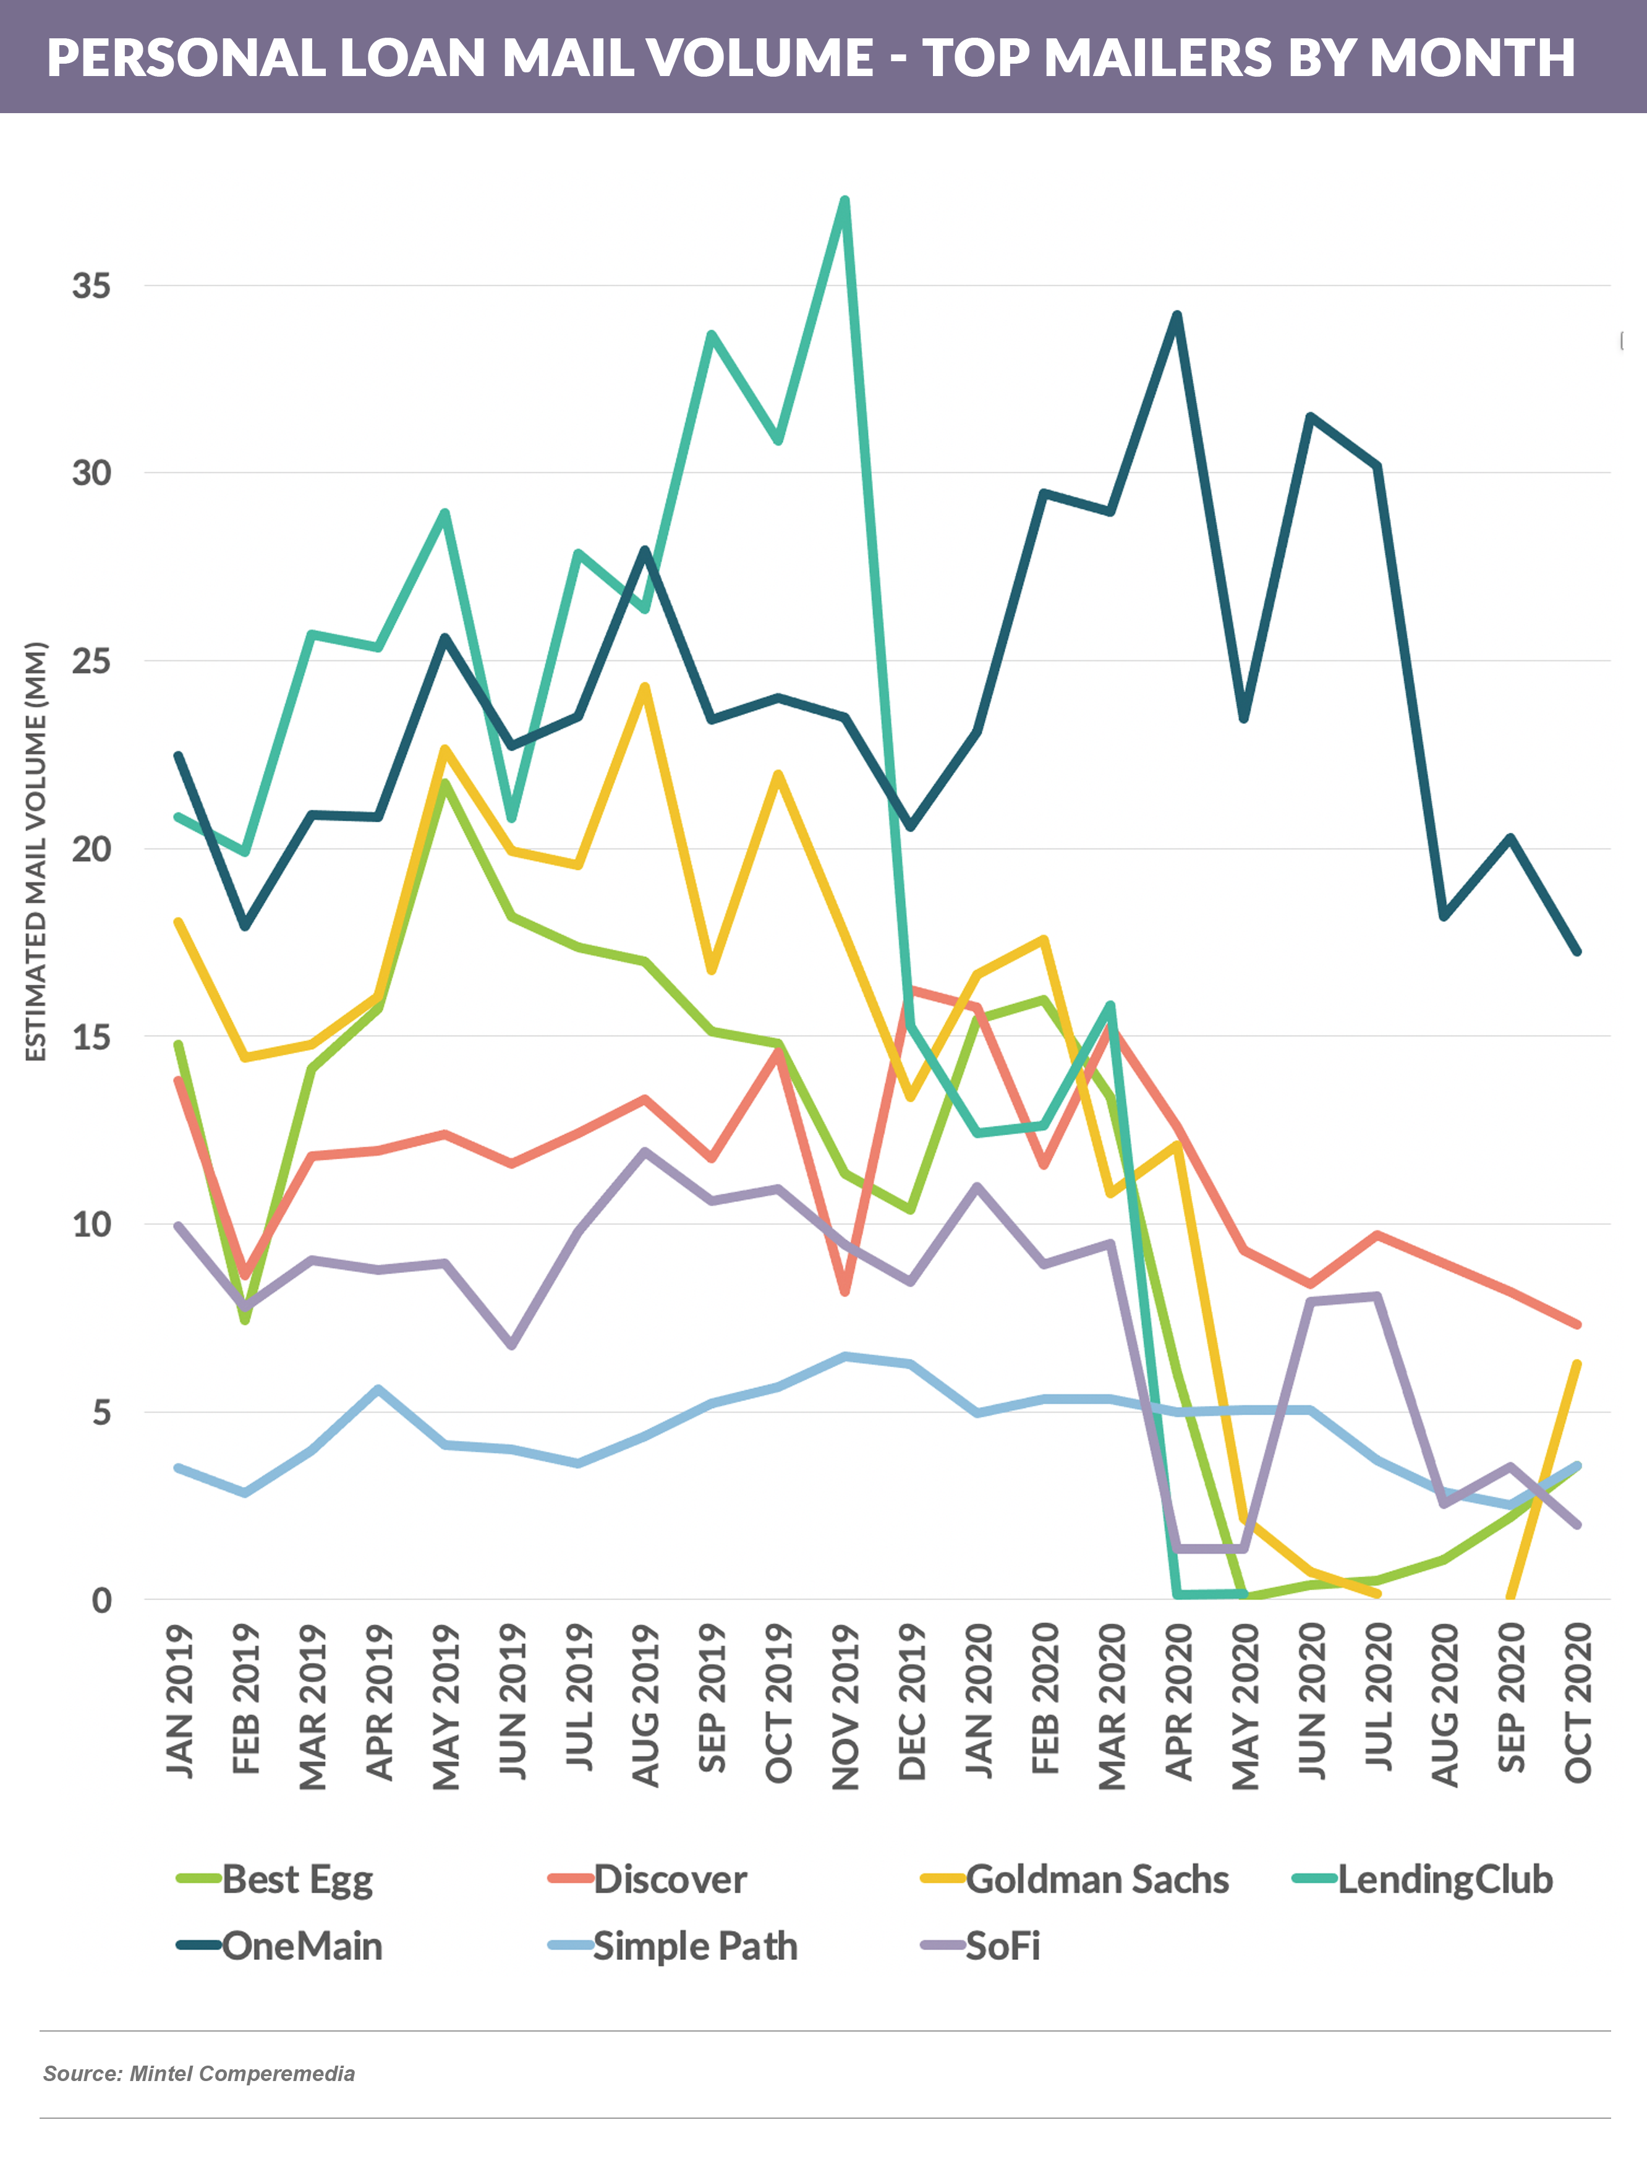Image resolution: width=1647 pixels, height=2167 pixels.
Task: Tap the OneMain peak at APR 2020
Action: click(x=1177, y=315)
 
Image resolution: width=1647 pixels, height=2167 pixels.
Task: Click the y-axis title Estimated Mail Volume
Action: click(x=36, y=851)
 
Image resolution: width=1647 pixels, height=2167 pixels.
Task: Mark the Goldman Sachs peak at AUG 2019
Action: click(x=644, y=687)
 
